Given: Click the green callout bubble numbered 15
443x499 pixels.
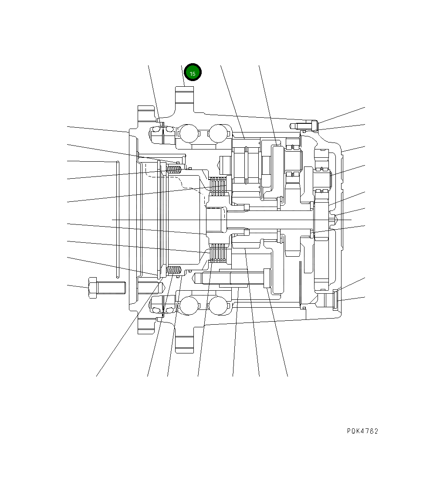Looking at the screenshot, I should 193,73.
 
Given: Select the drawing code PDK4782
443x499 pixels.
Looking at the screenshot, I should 362,431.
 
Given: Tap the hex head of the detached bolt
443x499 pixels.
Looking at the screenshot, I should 92,288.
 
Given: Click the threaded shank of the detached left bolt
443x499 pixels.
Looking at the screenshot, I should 111,288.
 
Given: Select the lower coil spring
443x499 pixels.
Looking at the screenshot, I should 174,271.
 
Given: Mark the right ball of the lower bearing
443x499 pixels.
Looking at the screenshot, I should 218,306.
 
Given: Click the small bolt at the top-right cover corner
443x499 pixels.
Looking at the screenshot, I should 305,126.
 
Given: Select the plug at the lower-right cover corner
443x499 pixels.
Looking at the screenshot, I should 335,300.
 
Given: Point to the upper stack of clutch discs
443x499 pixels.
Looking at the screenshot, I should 219,186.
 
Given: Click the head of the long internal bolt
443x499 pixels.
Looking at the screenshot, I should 267,278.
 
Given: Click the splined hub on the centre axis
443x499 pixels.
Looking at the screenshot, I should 215,220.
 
